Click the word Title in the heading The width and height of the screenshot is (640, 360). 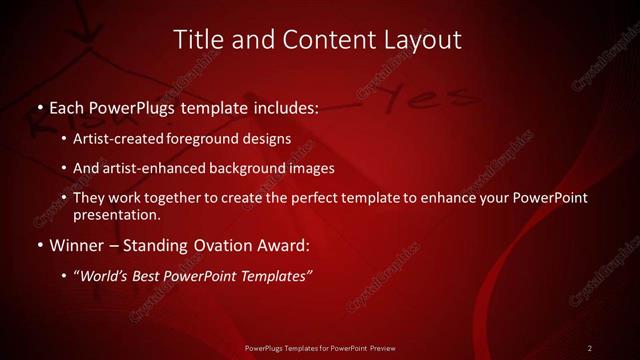point(198,40)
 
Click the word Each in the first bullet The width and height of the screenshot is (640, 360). point(68,105)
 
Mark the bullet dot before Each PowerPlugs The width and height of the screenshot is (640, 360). point(38,106)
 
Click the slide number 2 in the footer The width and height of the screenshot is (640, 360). point(590,348)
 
